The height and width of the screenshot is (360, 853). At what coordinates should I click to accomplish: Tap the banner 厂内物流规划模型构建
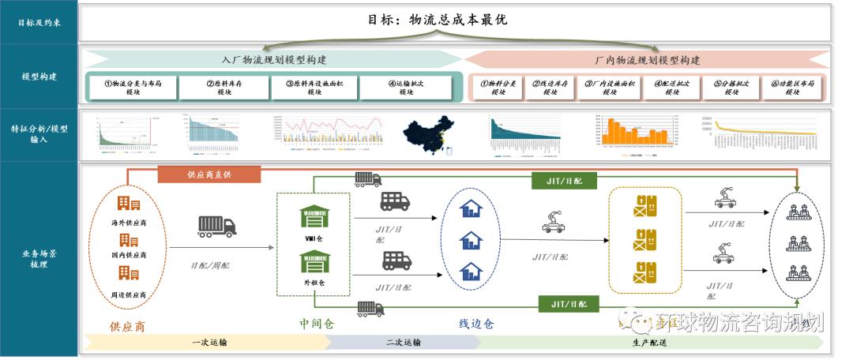pos(647,60)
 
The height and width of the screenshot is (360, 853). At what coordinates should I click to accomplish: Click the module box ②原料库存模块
pos(224,87)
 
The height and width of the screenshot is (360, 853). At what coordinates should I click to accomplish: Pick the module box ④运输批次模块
pos(405,87)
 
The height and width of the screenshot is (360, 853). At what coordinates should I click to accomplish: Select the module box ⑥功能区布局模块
pos(794,87)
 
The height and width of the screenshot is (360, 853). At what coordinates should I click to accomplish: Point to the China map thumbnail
pos(427,136)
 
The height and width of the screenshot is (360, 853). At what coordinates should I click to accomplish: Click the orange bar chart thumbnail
pos(634,131)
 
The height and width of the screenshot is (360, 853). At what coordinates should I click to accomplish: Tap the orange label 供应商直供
pos(209,174)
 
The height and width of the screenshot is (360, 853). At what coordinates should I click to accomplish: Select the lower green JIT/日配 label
pos(568,303)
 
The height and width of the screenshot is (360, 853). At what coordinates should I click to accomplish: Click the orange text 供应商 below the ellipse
pos(128,325)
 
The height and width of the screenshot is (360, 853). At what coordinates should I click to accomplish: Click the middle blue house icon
pos(471,239)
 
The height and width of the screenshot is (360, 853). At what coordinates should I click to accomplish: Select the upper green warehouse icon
pos(314,214)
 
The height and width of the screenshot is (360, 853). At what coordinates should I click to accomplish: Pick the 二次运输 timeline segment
pos(403,343)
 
